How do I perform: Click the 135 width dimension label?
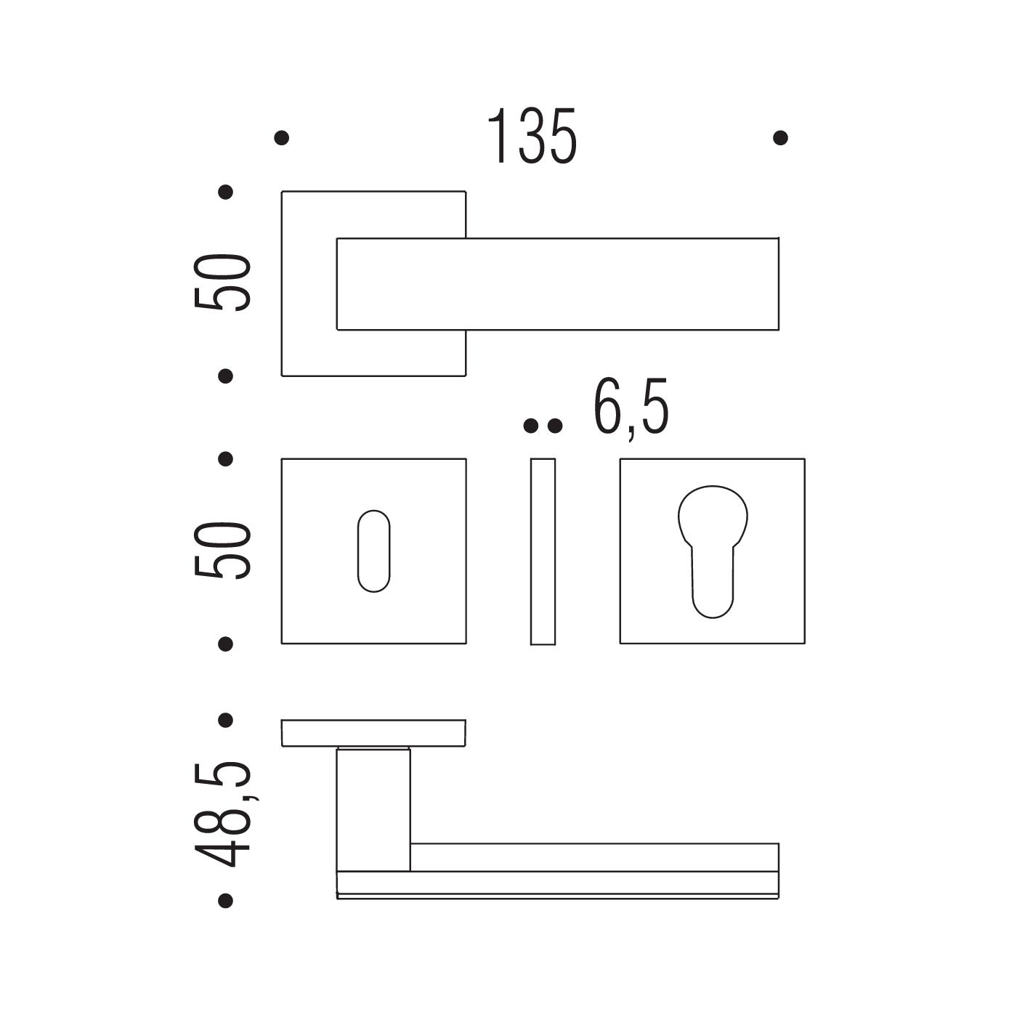pyautogui.click(x=532, y=136)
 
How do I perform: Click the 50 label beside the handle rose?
pyautogui.click(x=222, y=283)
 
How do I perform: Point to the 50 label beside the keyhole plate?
pyautogui.click(x=222, y=550)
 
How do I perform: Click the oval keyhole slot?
pyautogui.click(x=373, y=551)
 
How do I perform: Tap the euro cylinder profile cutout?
pyautogui.click(x=713, y=551)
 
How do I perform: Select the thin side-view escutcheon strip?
pyautogui.click(x=543, y=551)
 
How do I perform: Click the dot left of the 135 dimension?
pyautogui.click(x=282, y=138)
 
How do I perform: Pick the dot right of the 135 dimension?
pyautogui.click(x=781, y=138)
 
